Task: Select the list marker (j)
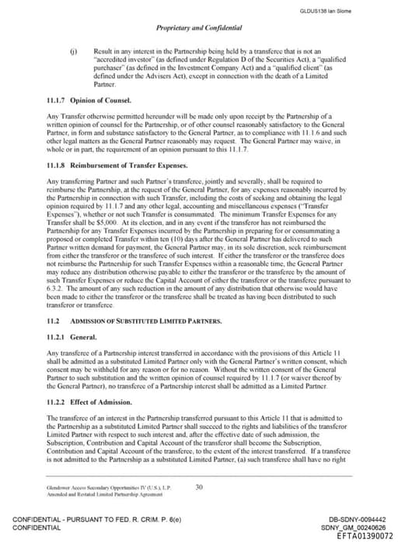74,48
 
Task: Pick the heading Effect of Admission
102,402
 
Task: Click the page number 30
199,486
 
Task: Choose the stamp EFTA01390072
360,535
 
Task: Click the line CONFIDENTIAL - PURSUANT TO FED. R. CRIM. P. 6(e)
89,519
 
